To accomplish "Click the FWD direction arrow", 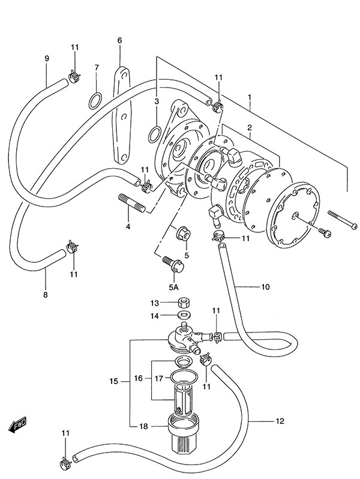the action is pos(18,424).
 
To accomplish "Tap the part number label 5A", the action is pos(173,287).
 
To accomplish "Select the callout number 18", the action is pos(143,426).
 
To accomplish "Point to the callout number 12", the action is pos(280,421).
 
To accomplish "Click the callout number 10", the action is pos(266,287).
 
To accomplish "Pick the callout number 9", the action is pos(47,58).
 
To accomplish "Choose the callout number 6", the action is pos(119,40).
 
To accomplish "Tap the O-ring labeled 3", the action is pos(154,134).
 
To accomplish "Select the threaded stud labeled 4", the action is pos(131,202).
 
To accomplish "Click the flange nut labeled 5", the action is pos(184,234).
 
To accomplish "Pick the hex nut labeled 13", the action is pos(183,303).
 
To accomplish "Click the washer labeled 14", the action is pos(183,315).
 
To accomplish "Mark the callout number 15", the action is pos(113,381).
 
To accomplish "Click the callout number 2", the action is pos(250,128).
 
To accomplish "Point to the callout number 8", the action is pos(45,295).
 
